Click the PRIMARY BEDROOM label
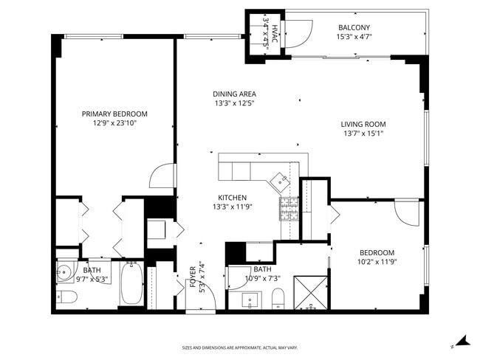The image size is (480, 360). pos(114,114)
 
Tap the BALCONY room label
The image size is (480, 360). pos(354,27)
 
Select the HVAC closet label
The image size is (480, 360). pos(275,34)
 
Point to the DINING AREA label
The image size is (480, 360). pos(235,94)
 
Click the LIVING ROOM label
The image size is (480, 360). pos(363,124)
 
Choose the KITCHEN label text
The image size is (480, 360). pos(233,198)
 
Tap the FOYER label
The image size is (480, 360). pos(193,277)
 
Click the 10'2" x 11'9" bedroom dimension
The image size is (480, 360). pos(377,262)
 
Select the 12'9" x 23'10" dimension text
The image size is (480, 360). pos(114,123)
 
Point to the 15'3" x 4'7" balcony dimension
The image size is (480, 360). pos(354,37)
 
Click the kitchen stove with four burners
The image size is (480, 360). pos(289,209)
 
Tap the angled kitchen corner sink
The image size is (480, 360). pos(281,181)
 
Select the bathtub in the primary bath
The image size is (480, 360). pos(131,283)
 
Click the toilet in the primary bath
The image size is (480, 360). pos(66,297)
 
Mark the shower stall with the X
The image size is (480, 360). pos(310,293)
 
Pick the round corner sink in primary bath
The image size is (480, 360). pos(64,271)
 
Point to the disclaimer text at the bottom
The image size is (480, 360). pos(240,347)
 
